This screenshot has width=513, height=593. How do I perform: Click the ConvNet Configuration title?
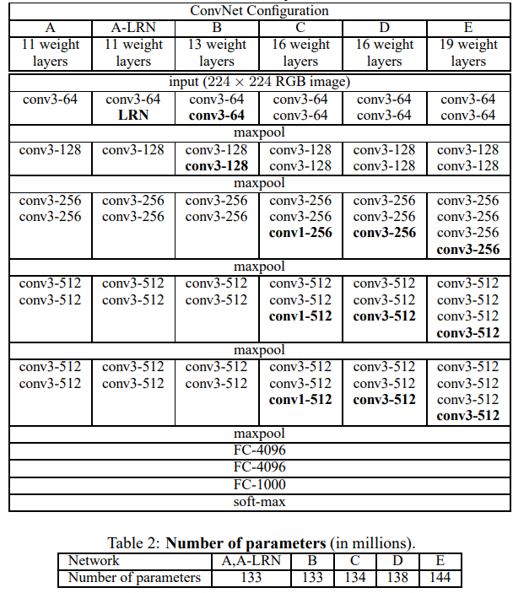coord(258,10)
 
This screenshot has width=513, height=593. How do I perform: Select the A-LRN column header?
coord(133,28)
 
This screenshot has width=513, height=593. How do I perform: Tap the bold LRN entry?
coord(133,116)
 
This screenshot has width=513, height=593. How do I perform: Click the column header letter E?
coord(468,28)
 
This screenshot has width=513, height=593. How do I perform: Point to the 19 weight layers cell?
coord(468,52)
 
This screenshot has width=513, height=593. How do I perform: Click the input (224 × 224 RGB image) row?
coord(258,82)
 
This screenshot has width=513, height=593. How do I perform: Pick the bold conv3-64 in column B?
coord(217,116)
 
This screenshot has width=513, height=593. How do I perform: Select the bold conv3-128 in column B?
coord(217,166)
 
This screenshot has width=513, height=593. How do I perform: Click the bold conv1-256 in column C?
coord(300,232)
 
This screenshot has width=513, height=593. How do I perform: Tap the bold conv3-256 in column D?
coord(384,232)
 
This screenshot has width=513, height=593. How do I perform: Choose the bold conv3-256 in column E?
coord(468,249)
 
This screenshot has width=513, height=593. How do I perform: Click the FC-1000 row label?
coord(258,484)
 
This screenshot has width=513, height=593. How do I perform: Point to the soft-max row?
coord(258,501)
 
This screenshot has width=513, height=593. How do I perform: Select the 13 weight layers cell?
coord(217,52)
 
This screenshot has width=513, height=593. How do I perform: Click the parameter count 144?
coord(439,578)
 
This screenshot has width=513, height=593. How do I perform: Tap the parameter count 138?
coord(397,578)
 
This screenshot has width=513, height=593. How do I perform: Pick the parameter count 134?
coord(354,578)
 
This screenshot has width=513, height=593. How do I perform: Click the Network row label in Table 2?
coord(94,560)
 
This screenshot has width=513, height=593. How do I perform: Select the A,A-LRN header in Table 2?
coord(251,560)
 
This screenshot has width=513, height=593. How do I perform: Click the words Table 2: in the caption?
coord(136,542)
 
